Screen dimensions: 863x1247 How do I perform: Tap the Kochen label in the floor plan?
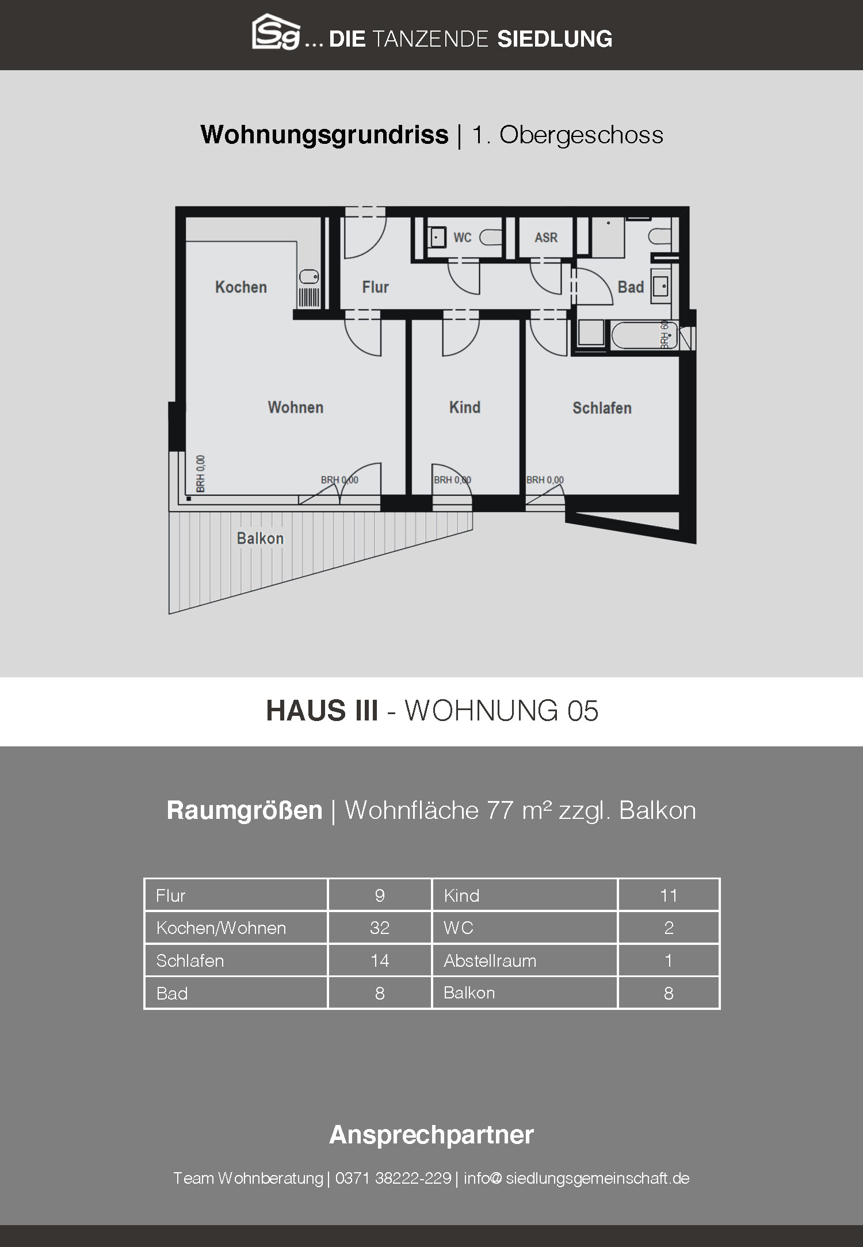click(x=241, y=287)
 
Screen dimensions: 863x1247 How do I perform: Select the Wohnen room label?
click(x=296, y=407)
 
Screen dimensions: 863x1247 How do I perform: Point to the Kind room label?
click(x=465, y=407)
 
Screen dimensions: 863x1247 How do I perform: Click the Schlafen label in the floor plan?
click(x=602, y=408)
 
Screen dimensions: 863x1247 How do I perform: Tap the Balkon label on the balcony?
click(x=260, y=539)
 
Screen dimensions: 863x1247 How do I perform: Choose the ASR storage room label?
click(x=546, y=237)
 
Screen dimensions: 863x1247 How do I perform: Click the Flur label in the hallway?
click(x=376, y=287)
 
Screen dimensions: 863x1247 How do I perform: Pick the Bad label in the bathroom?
click(x=631, y=287)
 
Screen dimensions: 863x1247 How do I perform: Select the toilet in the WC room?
click(x=490, y=237)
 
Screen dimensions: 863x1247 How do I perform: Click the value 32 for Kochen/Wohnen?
click(x=380, y=928)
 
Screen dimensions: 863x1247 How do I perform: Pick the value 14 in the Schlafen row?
click(x=380, y=960)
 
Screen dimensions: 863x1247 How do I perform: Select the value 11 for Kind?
click(x=669, y=895)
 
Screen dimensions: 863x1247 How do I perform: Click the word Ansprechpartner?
click(x=431, y=1134)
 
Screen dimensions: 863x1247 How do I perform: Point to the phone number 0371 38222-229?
click(x=393, y=1178)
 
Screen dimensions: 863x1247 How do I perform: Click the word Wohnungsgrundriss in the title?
click(x=324, y=135)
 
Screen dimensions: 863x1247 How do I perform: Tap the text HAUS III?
click(x=322, y=711)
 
